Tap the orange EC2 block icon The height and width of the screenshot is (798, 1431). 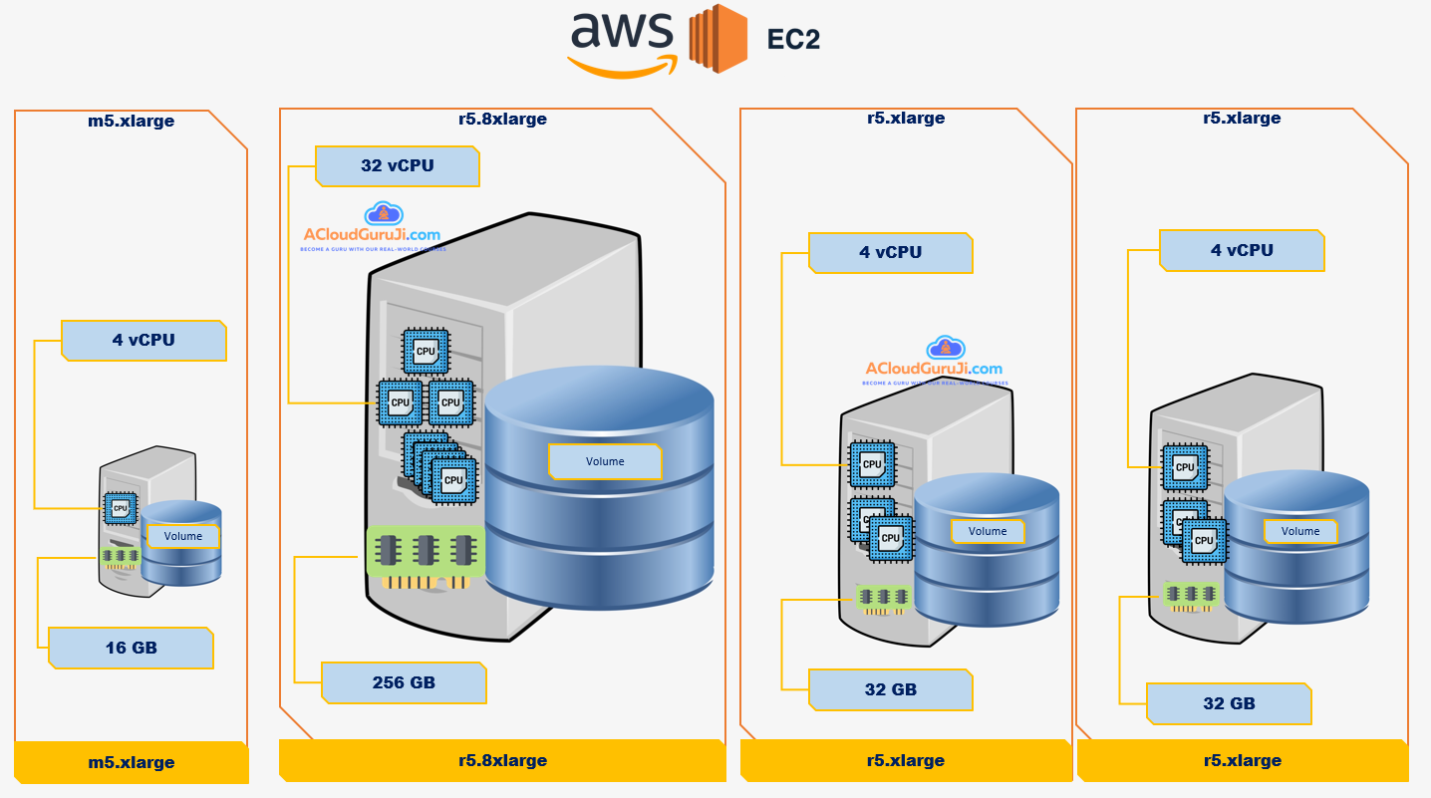(717, 39)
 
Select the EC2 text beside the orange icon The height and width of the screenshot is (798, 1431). (793, 40)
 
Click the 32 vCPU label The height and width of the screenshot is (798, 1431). (398, 166)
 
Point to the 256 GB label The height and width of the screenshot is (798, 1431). (404, 682)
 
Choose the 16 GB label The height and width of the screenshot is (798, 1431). (131, 648)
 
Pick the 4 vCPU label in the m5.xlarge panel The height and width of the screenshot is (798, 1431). (143, 340)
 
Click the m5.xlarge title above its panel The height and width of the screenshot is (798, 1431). (131, 122)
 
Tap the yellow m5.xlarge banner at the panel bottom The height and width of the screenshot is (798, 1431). (131, 762)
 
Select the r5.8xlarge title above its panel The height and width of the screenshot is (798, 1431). (502, 120)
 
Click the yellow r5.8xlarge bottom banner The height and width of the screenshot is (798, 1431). (502, 760)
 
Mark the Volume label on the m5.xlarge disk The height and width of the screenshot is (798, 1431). (183, 536)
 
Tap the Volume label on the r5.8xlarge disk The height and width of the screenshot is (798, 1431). (605, 461)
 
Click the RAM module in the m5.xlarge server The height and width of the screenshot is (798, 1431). (120, 555)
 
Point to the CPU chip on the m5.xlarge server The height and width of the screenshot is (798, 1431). (121, 507)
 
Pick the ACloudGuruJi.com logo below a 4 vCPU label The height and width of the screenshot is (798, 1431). (934, 364)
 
